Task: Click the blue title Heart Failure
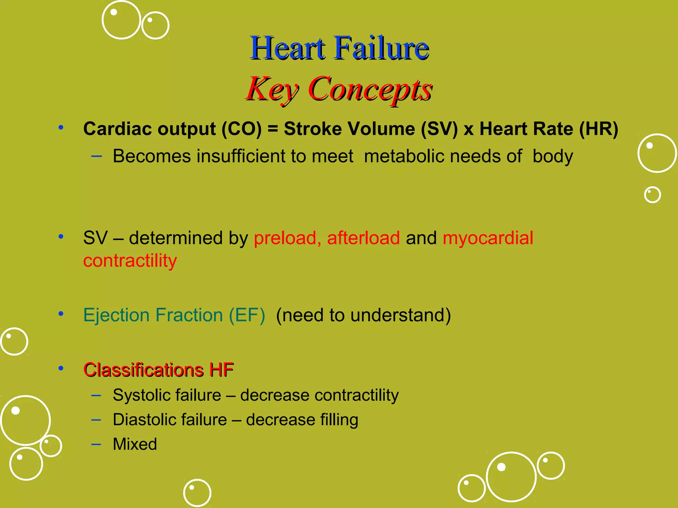pyautogui.click(x=339, y=48)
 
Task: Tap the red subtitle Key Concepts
pyautogui.click(x=339, y=89)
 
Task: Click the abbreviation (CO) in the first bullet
pyautogui.click(x=241, y=129)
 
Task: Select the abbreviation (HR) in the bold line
pyautogui.click(x=599, y=129)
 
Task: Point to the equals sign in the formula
pyautogui.click(x=272, y=129)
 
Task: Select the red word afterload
pyautogui.click(x=363, y=238)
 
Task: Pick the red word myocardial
pyautogui.click(x=488, y=238)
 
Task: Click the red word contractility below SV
pyautogui.click(x=130, y=261)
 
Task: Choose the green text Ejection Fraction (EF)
pyautogui.click(x=174, y=315)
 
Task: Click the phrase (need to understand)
pyautogui.click(x=363, y=315)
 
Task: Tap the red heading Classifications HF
pyautogui.click(x=159, y=370)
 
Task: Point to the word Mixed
pyautogui.click(x=135, y=444)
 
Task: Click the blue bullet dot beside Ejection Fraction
pyautogui.click(x=61, y=314)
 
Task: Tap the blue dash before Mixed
pyautogui.click(x=96, y=444)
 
